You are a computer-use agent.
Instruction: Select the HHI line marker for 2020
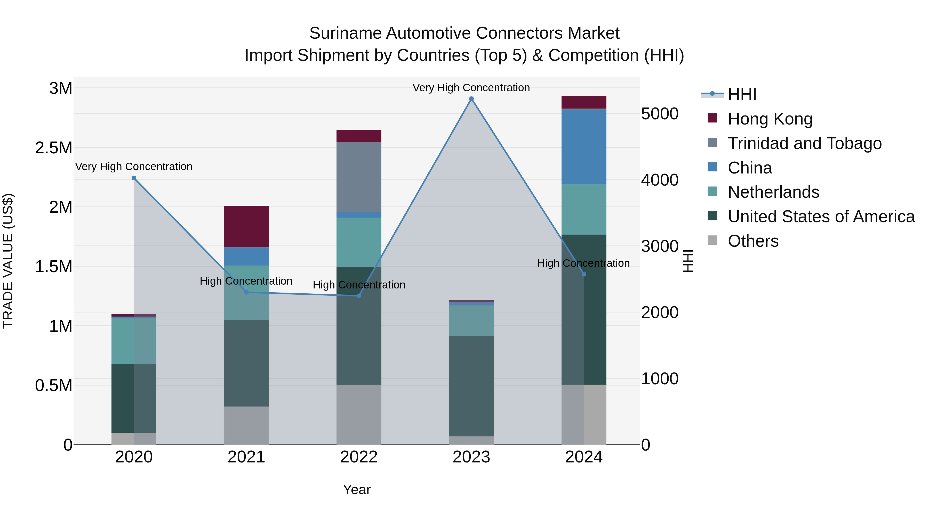coord(134,178)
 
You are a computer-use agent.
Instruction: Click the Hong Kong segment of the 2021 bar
coord(246,226)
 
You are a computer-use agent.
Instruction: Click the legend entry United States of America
coord(821,217)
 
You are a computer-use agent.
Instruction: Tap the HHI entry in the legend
coord(742,94)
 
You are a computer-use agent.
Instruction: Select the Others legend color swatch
coord(712,240)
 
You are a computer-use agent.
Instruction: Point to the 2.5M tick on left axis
coord(53,148)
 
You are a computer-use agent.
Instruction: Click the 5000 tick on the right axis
coord(660,114)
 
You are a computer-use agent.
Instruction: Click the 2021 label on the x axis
coord(246,457)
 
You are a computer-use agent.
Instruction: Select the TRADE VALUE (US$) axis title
coord(8,261)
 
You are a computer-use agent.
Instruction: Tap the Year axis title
coord(356,490)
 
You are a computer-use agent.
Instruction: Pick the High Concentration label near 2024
coord(583,263)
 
